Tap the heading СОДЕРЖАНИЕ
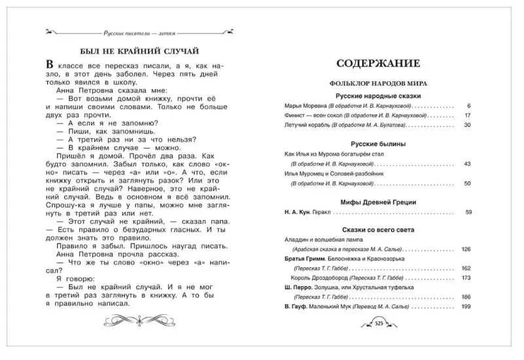click(x=378, y=64)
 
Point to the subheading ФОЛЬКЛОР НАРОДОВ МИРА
click(x=378, y=84)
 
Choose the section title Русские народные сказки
click(x=378, y=96)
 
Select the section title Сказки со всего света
click(x=378, y=230)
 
